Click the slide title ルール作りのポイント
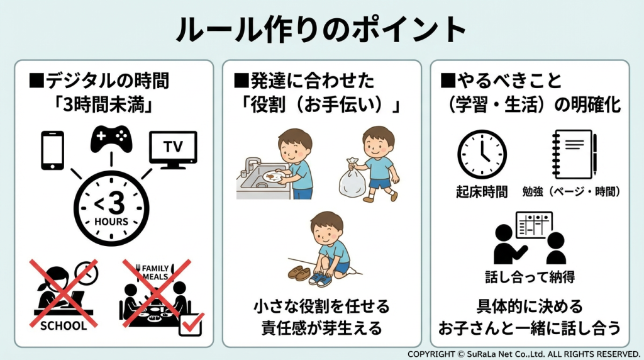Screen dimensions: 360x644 click(321, 28)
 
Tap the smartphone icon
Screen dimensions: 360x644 click(52, 150)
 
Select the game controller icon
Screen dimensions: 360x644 click(111, 138)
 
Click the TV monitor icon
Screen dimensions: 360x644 click(172, 149)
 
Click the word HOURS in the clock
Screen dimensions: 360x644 click(111, 222)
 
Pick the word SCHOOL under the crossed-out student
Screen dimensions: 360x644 click(63, 326)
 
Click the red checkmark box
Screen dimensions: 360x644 click(191, 325)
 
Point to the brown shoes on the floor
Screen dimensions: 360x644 click(299, 274)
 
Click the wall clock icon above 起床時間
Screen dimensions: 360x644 click(482, 154)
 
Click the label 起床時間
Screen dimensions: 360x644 click(482, 192)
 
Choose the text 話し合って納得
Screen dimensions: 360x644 click(521, 276)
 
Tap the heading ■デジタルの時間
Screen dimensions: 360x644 click(99, 81)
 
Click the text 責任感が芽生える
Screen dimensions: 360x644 click(321, 328)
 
